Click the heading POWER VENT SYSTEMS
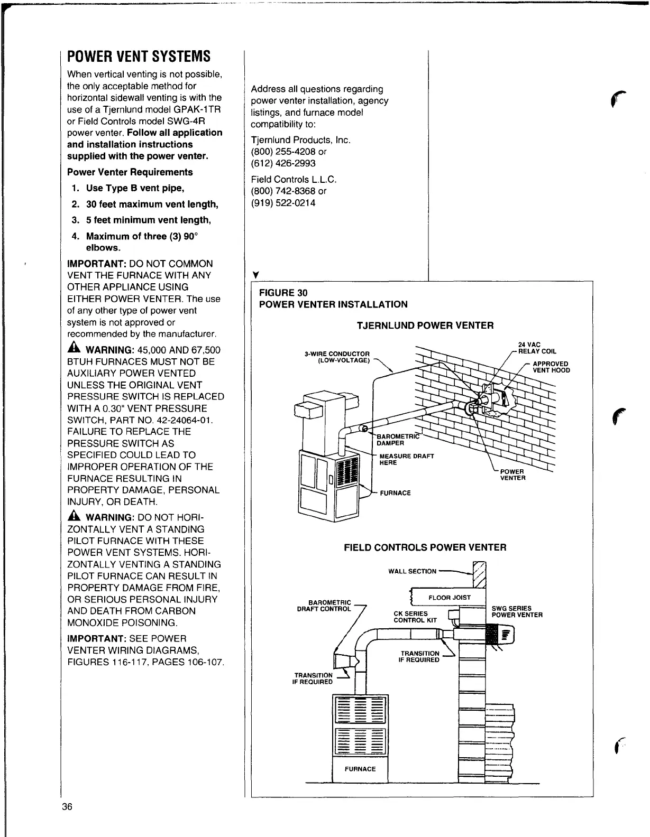[139, 57]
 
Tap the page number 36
[67, 807]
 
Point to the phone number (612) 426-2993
[283, 163]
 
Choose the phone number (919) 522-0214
[283, 202]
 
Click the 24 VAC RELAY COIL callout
[537, 348]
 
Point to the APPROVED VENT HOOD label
[551, 367]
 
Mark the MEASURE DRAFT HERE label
[406, 459]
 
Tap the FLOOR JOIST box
[449, 598]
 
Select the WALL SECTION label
[413, 571]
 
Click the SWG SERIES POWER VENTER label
[517, 611]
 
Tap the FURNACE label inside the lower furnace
[360, 769]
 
